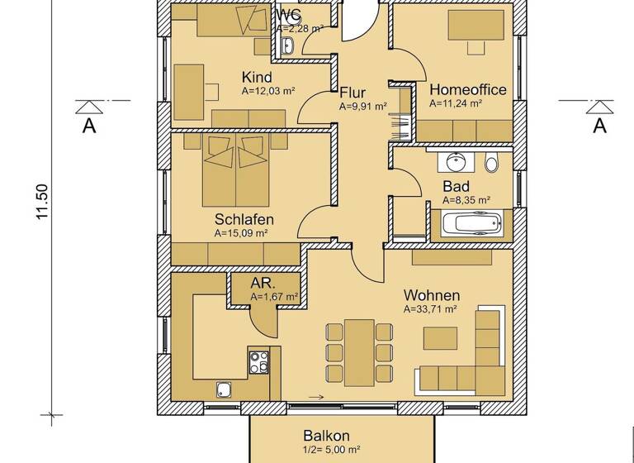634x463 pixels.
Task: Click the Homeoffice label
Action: tap(468, 90)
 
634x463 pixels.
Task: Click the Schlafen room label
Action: tap(244, 219)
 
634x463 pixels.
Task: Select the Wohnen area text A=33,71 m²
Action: tap(430, 310)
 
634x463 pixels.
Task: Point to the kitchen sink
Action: tap(224, 388)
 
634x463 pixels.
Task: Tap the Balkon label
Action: tap(326, 436)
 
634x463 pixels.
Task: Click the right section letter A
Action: tap(599, 126)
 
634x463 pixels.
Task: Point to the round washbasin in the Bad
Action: tap(454, 162)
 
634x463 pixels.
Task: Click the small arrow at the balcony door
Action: tap(315, 398)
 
